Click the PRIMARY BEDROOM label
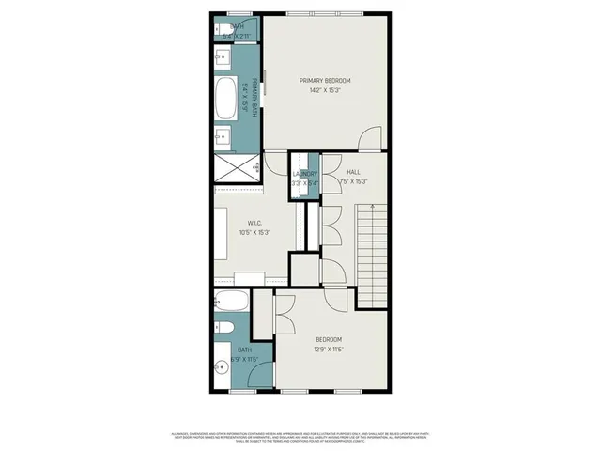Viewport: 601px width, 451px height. [x=324, y=81]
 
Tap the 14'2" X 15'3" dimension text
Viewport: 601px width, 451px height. [x=324, y=91]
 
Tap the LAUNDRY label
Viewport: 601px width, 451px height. [x=305, y=174]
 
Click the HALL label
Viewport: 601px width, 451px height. [x=353, y=173]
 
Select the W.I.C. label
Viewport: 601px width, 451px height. [x=249, y=224]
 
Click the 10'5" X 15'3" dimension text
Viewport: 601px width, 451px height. [x=254, y=233]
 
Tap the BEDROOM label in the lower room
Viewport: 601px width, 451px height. [x=328, y=339]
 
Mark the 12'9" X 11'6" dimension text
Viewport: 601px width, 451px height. [x=328, y=349]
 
